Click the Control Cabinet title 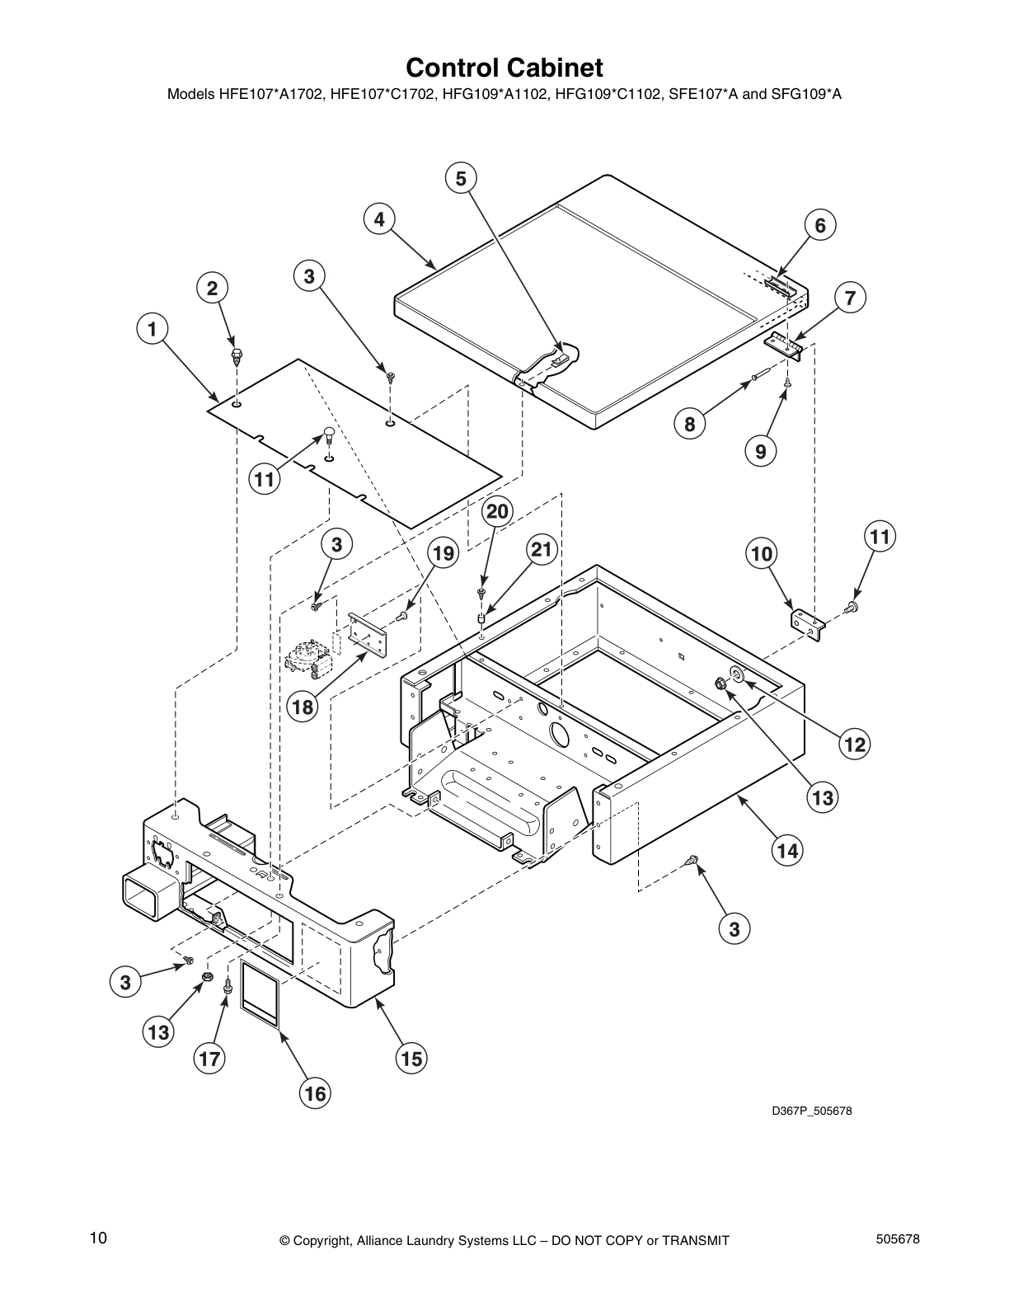tap(504, 67)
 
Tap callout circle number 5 tap(461, 178)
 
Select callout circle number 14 tap(788, 849)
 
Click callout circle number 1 tap(152, 330)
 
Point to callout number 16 tap(315, 1093)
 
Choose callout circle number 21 tap(542, 551)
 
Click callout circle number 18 tap(303, 707)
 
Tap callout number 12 tap(855, 745)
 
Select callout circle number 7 tap(850, 298)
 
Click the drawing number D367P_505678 tap(811, 1111)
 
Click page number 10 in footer tap(98, 1238)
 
